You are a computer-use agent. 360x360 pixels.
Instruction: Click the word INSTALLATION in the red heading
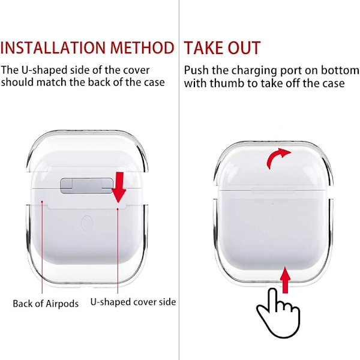pos(53,48)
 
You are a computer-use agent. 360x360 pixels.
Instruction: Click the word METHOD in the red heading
pos(142,48)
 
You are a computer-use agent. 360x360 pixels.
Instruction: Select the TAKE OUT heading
pos(222,48)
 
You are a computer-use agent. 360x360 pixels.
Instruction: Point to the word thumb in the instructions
pos(227,83)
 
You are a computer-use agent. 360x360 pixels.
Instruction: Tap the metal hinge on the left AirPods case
pos(86,185)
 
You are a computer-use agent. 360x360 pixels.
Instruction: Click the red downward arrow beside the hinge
pos(119,187)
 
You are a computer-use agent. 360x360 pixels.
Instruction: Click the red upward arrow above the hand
pos(285,280)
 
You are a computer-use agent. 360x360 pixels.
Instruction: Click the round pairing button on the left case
pos(87,223)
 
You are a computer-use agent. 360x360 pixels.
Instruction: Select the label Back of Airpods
pos(46,304)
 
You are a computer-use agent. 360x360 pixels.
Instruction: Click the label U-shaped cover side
pos(133,302)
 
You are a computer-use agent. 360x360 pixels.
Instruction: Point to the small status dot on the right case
pos(272,203)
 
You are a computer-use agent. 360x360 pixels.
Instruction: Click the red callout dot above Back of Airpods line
pos(42,202)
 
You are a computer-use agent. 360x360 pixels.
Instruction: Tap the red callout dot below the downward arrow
pos(118,209)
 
